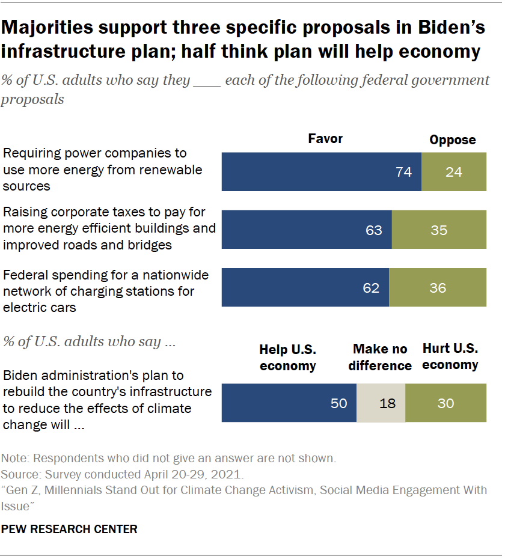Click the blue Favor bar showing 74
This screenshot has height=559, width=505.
pyautogui.click(x=322, y=172)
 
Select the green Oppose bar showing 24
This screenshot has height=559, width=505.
pyautogui.click(x=454, y=172)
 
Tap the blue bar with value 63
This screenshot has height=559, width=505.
pyautogui.click(x=307, y=230)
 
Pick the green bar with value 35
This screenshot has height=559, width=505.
pyautogui.click(x=439, y=230)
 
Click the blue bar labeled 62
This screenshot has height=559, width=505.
pyautogui.click(x=305, y=288)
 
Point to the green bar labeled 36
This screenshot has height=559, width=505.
pyautogui.click(x=438, y=288)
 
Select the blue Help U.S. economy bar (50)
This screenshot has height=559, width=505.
pyautogui.click(x=289, y=403)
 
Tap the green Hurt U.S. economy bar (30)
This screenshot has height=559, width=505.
pyautogui.click(x=445, y=403)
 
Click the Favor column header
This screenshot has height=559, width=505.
pyautogui.click(x=325, y=139)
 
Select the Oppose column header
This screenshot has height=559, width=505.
pyautogui.click(x=452, y=140)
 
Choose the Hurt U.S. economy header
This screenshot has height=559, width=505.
pyautogui.click(x=450, y=356)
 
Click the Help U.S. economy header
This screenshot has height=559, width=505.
pyautogui.click(x=288, y=357)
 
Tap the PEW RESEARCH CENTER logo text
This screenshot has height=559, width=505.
pyautogui.click(x=70, y=530)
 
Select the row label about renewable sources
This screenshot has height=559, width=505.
pyautogui.click(x=102, y=170)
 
